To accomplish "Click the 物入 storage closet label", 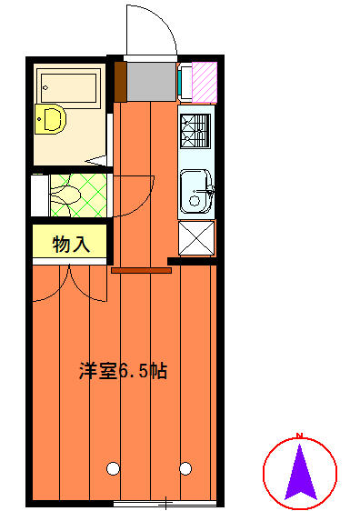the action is pyautogui.click(x=71, y=245).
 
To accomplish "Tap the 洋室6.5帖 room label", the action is pyautogui.click(x=124, y=371).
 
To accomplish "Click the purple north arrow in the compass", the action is pyautogui.click(x=300, y=473).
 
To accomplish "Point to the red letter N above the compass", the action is pyautogui.click(x=299, y=435).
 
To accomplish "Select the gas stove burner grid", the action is pyautogui.click(x=195, y=131).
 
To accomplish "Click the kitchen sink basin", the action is pyautogui.click(x=195, y=191).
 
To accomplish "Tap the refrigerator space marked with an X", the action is pyautogui.click(x=196, y=238).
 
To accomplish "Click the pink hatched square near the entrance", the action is pyautogui.click(x=205, y=82).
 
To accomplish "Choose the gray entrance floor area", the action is pyautogui.click(x=152, y=82).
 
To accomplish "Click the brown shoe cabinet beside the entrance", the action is pyautogui.click(x=120, y=82).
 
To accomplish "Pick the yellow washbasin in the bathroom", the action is pyautogui.click(x=51, y=119).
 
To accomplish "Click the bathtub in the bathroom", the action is pyautogui.click(x=68, y=88).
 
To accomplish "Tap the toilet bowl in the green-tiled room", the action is pyautogui.click(x=65, y=195).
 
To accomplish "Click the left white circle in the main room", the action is pyautogui.click(x=113, y=468).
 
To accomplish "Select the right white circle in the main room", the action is pyautogui.click(x=185, y=468).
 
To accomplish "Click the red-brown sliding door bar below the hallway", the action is pyautogui.click(x=141, y=270).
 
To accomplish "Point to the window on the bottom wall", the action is pyautogui.click(x=165, y=503).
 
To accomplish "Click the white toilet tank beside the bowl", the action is pyautogui.click(x=40, y=195).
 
